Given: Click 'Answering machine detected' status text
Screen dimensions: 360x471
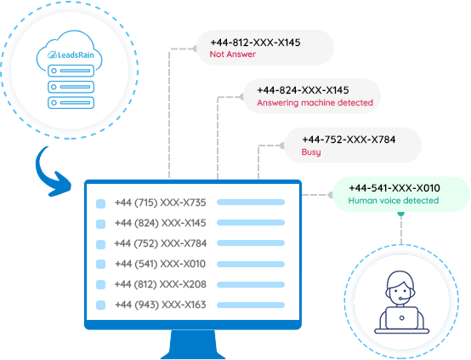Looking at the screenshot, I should pyautogui.click(x=314, y=102).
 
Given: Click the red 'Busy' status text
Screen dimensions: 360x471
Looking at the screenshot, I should pyautogui.click(x=311, y=151).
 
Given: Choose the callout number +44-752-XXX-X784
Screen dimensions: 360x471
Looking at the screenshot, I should pyautogui.click(x=349, y=139).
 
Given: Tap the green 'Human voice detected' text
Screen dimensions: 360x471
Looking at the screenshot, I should pyautogui.click(x=394, y=201).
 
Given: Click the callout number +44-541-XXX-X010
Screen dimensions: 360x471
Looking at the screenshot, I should pyautogui.click(x=394, y=187).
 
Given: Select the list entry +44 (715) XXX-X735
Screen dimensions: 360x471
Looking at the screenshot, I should pyautogui.click(x=161, y=203).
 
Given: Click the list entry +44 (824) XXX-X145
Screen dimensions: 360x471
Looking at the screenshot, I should pyautogui.click(x=161, y=223).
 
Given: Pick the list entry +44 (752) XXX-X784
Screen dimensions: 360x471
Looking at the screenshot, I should pyautogui.click(x=161, y=243).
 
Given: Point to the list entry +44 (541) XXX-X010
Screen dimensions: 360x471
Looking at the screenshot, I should pyautogui.click(x=161, y=264).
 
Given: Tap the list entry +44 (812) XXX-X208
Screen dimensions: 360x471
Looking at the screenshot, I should pyautogui.click(x=161, y=284).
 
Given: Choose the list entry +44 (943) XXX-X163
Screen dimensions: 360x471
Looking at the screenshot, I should pyautogui.click(x=161, y=305).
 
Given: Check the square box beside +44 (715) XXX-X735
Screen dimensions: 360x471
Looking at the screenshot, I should pyautogui.click(x=100, y=203).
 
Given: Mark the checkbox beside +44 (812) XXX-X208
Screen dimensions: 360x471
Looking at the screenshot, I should pyautogui.click(x=100, y=284).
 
